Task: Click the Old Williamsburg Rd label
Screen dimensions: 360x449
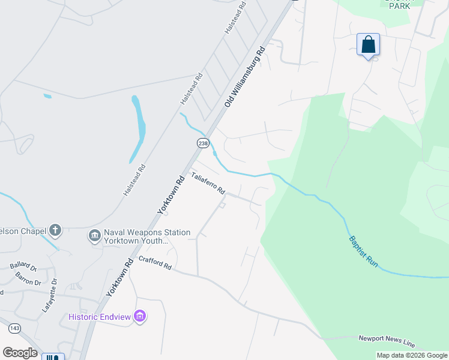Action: coord(245,77)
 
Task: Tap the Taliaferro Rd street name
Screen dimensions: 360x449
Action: coord(208,183)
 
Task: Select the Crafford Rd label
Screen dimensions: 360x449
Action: coord(155,263)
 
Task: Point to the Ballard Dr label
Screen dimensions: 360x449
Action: coord(23,266)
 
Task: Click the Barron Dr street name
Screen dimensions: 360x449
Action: coord(28,278)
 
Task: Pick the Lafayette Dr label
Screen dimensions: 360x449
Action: coord(49,295)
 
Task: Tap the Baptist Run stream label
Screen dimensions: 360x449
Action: coord(364,252)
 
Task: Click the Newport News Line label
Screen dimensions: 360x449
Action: coord(387,341)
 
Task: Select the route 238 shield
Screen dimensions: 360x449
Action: coord(203,143)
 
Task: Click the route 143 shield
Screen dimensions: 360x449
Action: coord(15,328)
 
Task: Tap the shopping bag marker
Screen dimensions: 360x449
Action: coord(368,44)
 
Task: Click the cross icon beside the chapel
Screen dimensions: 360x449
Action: coord(55,230)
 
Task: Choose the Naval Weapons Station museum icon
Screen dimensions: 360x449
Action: coord(94,236)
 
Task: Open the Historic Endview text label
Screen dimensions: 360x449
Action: coord(100,317)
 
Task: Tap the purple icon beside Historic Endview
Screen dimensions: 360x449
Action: coord(140,316)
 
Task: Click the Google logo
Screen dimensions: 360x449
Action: coord(20,353)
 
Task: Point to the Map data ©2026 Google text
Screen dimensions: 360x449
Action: coord(412,356)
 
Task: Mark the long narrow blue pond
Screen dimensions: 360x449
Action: coord(139,128)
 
